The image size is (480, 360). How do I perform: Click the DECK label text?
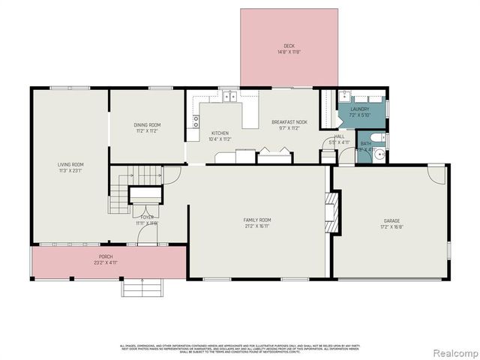point(289,46)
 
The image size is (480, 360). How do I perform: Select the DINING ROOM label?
point(147,124)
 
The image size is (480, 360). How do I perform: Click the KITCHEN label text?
point(220,133)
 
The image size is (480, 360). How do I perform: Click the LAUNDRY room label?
point(360,109)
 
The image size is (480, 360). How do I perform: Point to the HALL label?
point(340,136)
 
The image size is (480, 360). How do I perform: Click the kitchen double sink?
point(229,96)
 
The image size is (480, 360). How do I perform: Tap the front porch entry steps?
point(142,287)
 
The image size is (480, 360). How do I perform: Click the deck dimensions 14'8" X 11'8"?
point(289,52)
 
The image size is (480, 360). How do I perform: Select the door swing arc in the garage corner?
point(436,175)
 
